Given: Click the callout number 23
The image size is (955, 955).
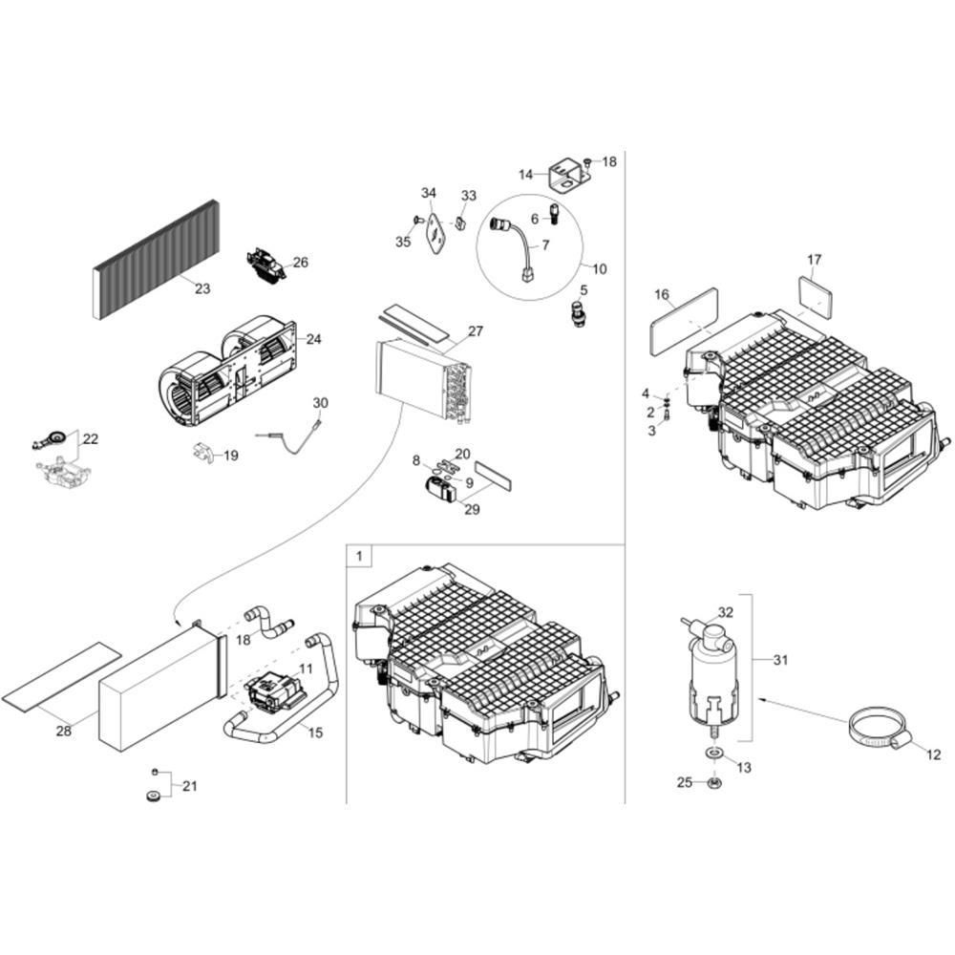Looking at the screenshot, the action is click(x=202, y=288).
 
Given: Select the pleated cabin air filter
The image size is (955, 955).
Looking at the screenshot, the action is click(x=156, y=260).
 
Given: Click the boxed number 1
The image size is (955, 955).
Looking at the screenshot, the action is click(x=359, y=556).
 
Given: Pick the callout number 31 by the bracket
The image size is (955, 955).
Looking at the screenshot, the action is click(x=780, y=660).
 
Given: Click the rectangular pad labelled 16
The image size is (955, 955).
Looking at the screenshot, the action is click(x=684, y=322).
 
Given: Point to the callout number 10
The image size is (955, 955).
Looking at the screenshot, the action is click(x=600, y=268).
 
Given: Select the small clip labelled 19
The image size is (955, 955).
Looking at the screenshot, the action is click(x=203, y=453).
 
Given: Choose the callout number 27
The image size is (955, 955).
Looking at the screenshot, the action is click(x=475, y=331).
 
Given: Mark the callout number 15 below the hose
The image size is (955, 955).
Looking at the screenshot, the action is click(x=315, y=732).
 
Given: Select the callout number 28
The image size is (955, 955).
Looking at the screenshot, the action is click(x=63, y=731).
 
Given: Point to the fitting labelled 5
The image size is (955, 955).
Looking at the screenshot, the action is click(x=576, y=312).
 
